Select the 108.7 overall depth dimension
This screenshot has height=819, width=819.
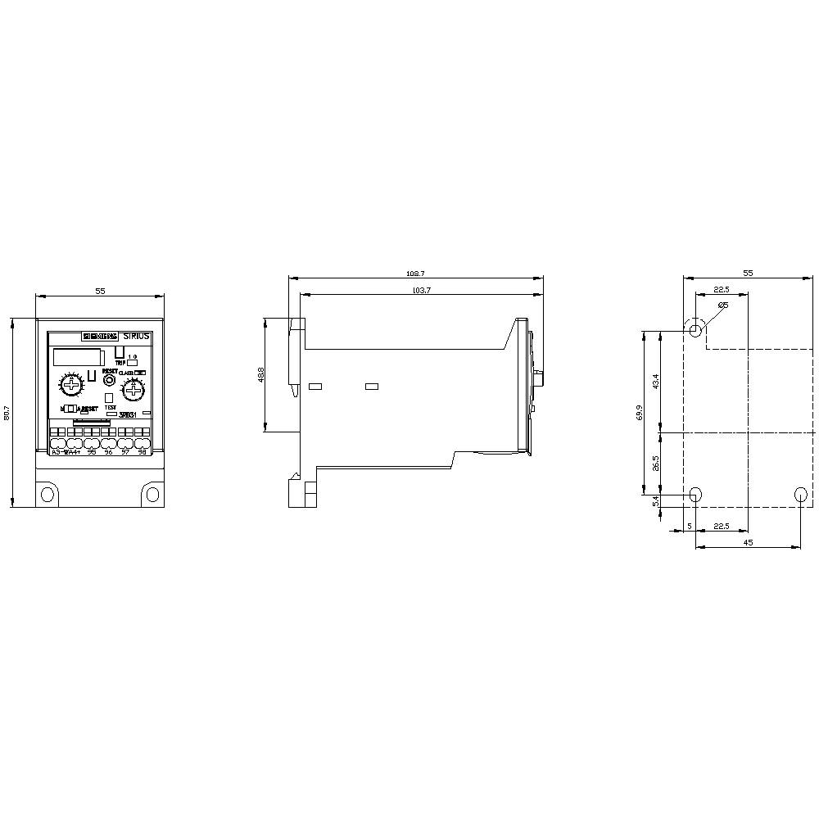[x=415, y=274]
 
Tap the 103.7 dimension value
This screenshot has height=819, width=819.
[x=422, y=291]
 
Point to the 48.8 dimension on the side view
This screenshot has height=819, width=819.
[x=260, y=375]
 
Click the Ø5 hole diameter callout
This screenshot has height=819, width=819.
[x=722, y=305]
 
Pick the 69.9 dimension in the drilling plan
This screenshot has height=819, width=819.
[x=640, y=413]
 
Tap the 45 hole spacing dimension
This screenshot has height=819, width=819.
[x=748, y=542]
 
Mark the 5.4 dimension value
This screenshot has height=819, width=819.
[x=655, y=500]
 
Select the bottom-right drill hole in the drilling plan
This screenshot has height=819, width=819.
[x=800, y=494]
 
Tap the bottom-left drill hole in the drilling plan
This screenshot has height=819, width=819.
[x=695, y=494]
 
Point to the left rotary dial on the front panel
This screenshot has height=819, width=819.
[x=72, y=386]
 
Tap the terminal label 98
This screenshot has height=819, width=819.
[x=143, y=451]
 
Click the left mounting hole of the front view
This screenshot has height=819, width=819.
[x=48, y=494]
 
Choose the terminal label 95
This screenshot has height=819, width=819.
[x=92, y=451]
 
